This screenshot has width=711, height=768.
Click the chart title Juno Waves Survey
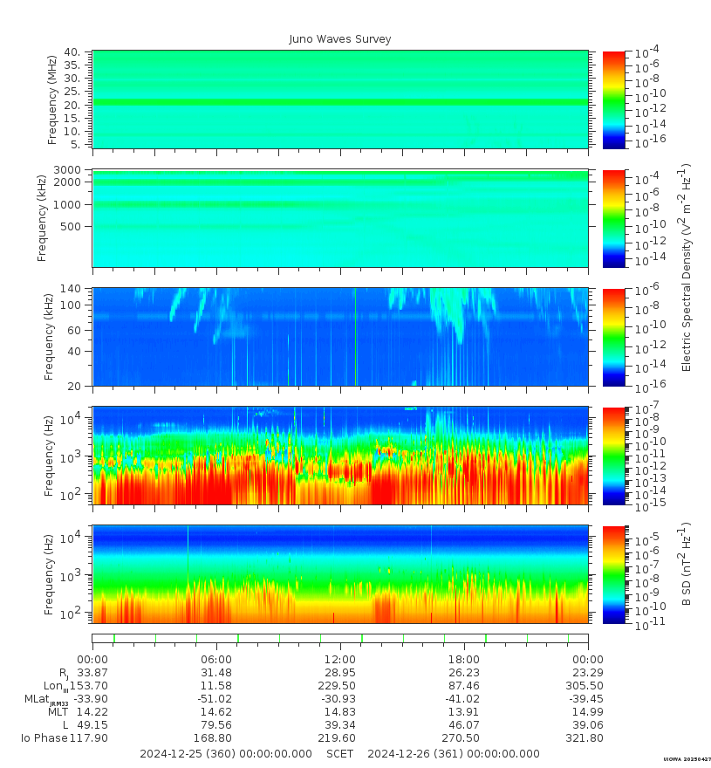(x=340, y=39)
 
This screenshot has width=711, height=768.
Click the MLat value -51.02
(x=215, y=698)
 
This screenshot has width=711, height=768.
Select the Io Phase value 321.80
(x=588, y=737)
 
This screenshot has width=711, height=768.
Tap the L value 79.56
(x=215, y=724)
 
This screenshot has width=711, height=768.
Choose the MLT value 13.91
(x=463, y=711)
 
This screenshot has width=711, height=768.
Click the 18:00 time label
(x=463, y=659)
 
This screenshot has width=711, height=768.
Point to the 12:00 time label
(x=339, y=659)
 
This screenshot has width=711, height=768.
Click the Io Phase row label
(x=44, y=737)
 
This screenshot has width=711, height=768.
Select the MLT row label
(x=58, y=711)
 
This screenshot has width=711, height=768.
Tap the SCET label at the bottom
(x=340, y=753)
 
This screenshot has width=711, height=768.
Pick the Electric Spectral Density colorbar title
(x=687, y=267)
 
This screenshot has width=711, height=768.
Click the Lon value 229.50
(x=339, y=685)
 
